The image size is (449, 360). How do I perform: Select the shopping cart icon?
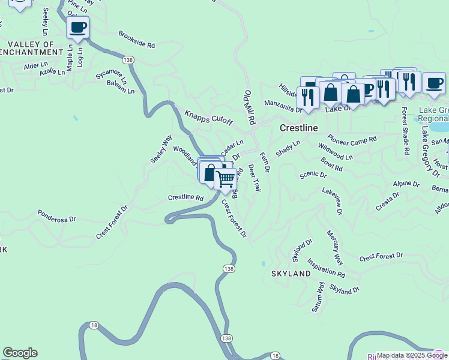click(x=225, y=179)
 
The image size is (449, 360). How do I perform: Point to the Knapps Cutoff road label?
click(x=208, y=118)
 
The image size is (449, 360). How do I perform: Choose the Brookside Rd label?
click(x=137, y=40)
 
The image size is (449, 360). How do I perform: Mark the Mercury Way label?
click(x=334, y=247)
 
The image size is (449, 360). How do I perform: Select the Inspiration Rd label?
click(x=326, y=268)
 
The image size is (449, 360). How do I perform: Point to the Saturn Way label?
click(x=318, y=298)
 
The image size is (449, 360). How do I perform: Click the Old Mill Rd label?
click(x=249, y=107)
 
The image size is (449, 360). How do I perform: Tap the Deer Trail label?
click(x=255, y=178)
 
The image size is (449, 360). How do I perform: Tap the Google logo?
click(x=20, y=353)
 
